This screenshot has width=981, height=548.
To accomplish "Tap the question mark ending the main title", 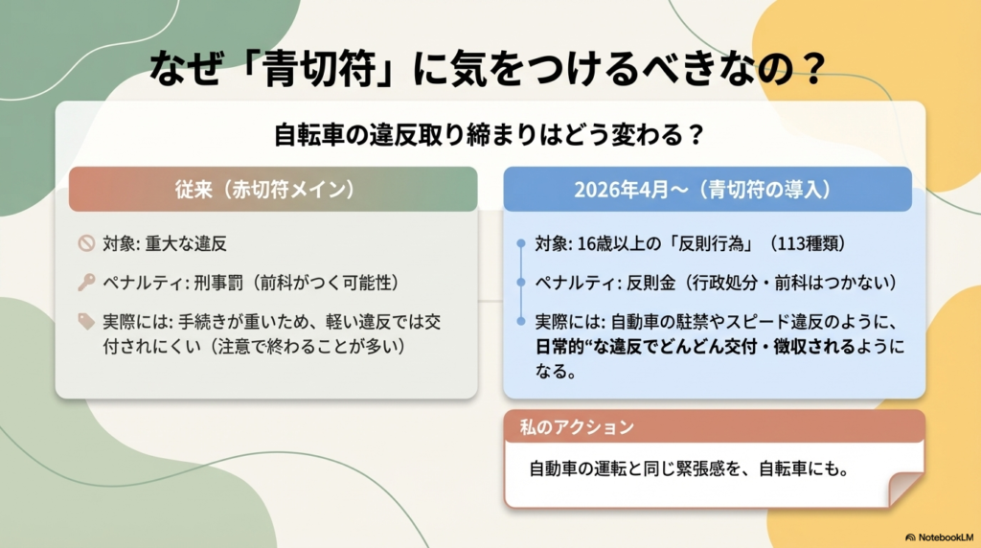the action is pos(812,68).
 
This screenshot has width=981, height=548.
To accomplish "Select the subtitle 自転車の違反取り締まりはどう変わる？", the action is pos(490,134).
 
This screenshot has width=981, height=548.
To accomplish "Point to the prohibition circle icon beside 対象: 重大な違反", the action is pos(86,242).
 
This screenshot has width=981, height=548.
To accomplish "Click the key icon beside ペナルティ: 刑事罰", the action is pos(86,282).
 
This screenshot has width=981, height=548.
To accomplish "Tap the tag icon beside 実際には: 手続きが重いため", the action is pos(86,321).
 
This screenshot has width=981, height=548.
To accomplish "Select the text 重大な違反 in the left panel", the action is pos(186,243).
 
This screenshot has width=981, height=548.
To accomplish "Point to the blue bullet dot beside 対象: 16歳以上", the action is pos(521,243).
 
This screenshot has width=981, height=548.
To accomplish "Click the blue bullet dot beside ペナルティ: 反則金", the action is pos(521,283).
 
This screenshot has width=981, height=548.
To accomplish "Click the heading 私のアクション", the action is pos(577,426).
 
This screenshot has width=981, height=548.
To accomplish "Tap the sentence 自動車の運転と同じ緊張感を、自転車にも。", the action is pos(689,468).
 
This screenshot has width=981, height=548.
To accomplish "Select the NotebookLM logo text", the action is pos(939,537).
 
